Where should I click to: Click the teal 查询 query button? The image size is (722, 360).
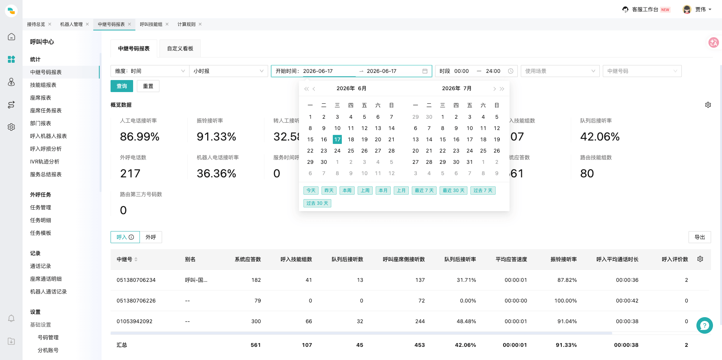tap(122, 86)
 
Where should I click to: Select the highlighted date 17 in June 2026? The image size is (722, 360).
tap(337, 139)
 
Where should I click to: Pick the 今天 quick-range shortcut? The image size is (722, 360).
tap(311, 191)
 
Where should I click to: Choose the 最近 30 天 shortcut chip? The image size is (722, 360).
tap(454, 191)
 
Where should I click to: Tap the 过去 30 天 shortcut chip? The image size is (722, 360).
tap(317, 203)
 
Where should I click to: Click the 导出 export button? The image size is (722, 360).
tap(700, 237)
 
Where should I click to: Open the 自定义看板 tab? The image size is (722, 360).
tap(180, 48)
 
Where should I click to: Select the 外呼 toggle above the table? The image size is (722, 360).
tap(151, 237)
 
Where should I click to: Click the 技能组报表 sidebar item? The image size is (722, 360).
tap(43, 85)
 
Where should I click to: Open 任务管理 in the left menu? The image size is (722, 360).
tap(41, 207)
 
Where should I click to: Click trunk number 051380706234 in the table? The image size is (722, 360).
tap(136, 280)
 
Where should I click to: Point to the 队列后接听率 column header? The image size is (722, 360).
tap(460, 259)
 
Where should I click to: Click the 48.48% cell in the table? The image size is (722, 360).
tap(466, 321)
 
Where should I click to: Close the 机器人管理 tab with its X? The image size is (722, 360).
tap(87, 24)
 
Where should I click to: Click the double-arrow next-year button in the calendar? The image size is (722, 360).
tap(502, 89)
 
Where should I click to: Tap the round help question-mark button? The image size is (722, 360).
tap(705, 325)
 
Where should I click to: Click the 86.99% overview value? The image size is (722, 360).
tap(140, 136)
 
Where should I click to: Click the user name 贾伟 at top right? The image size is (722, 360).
tap(701, 9)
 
